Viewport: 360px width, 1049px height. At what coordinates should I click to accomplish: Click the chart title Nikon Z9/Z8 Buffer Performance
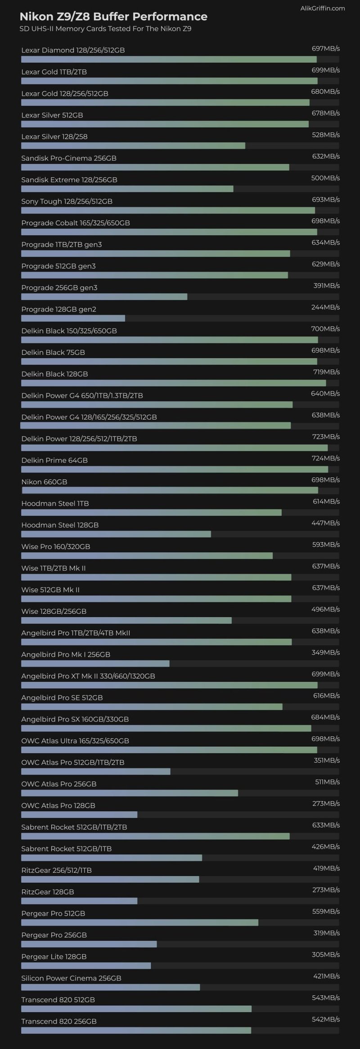click(x=113, y=17)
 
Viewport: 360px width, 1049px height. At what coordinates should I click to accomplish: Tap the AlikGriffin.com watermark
click(x=323, y=8)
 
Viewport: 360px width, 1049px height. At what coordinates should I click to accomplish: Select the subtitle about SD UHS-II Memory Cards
click(x=105, y=29)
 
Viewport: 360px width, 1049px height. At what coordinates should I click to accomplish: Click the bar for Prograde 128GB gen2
click(x=73, y=318)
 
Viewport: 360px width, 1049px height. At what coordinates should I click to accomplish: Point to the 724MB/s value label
click(x=326, y=458)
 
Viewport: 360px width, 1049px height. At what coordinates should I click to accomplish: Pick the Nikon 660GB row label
click(x=44, y=482)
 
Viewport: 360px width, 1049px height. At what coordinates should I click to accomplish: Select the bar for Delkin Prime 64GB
click(x=175, y=470)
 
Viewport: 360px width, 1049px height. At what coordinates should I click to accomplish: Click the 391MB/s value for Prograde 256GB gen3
click(x=326, y=286)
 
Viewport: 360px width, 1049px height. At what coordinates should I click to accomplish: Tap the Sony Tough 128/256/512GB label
click(x=67, y=201)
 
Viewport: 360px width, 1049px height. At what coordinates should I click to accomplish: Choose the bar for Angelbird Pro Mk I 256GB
click(x=95, y=663)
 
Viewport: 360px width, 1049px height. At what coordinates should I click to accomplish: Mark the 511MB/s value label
click(x=327, y=782)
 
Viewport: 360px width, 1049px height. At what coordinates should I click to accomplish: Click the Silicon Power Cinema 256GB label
click(x=71, y=978)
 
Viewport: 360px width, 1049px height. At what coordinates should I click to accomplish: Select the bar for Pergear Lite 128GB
click(x=86, y=966)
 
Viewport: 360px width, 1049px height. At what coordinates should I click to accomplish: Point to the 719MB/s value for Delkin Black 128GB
click(x=326, y=372)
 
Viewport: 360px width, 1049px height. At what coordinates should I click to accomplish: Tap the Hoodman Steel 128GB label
click(x=60, y=525)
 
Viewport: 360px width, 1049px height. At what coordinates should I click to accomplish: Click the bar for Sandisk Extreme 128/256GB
click(x=127, y=189)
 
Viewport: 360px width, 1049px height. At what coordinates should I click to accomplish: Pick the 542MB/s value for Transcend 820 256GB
click(x=326, y=1019)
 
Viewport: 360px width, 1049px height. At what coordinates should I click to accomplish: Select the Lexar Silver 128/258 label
click(x=54, y=136)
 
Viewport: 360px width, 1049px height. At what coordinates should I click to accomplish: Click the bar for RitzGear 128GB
click(x=79, y=901)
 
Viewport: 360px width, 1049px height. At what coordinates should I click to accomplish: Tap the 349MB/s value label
click(x=326, y=652)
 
